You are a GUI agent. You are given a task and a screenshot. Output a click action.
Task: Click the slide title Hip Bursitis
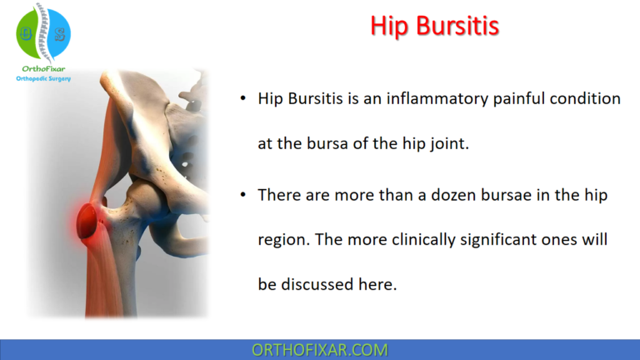click(x=434, y=26)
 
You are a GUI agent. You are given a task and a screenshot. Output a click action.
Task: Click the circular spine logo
click(x=43, y=34)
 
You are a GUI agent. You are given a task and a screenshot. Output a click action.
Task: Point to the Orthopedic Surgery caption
click(x=43, y=79)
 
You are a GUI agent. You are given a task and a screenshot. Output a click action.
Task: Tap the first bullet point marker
click(x=242, y=99)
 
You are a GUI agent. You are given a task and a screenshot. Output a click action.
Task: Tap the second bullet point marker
click(x=242, y=195)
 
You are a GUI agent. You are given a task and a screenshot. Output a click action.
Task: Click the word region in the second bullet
click(x=282, y=241)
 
